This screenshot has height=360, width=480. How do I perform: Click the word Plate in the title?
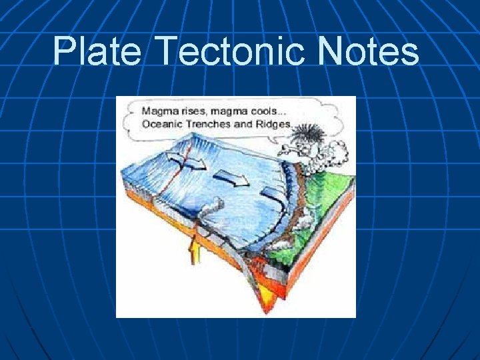coord(97,51)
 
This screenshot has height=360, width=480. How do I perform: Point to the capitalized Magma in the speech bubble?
coord(159,111)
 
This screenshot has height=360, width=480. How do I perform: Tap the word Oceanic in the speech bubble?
coord(161,124)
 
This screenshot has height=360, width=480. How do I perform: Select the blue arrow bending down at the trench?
coord(269,193)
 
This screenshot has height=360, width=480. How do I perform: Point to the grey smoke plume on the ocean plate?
coord(213,207)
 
